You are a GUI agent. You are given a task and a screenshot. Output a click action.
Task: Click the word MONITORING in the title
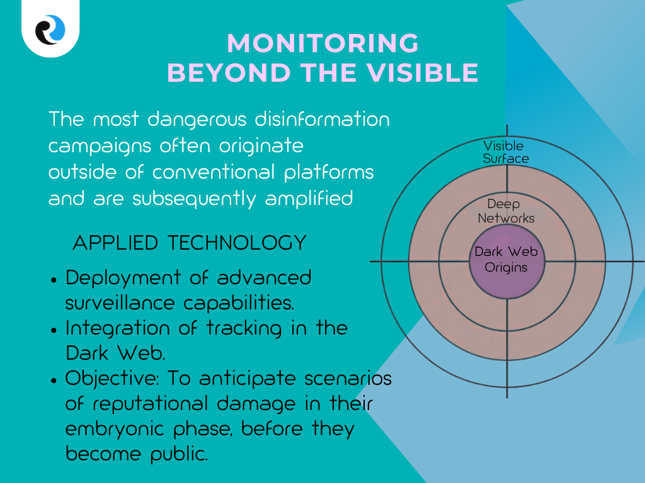[322, 43]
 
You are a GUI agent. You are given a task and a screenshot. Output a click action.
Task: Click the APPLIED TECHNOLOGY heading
[190, 242]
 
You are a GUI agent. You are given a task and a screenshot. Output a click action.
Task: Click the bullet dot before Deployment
[55, 279]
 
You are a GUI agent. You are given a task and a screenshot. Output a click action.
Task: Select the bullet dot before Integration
[55, 330]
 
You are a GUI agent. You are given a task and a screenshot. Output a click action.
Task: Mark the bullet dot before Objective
[55, 380]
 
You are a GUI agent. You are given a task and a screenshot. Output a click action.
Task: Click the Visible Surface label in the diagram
[506, 152]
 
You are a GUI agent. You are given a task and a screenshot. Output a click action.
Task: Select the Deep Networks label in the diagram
[506, 211]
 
